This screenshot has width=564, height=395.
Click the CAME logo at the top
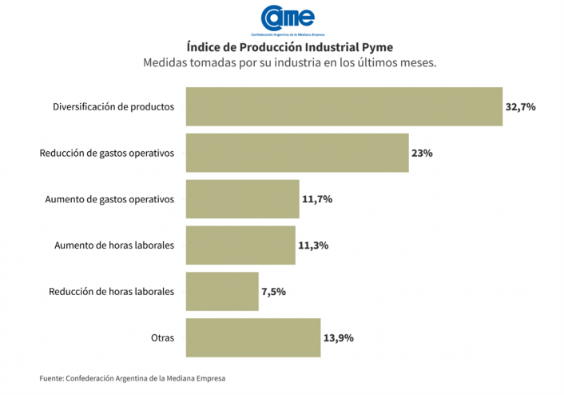[283, 19]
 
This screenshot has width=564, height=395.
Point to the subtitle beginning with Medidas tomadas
[289, 62]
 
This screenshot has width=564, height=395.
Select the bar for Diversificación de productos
[344, 106]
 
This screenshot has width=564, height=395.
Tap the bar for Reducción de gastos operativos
[297, 153]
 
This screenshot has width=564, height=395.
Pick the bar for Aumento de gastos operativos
[242, 199]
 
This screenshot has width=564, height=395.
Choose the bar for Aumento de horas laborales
[240, 245]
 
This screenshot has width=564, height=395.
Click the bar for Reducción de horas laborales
[222, 292]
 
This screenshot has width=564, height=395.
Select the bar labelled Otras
[253, 338]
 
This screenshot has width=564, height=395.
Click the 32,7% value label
[520, 106]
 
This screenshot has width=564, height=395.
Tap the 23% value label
[423, 153]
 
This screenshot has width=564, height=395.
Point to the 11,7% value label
[316, 199]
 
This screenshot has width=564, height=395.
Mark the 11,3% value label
[314, 245]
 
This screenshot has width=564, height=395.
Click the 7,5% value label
[273, 292]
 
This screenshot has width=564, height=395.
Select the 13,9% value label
[338, 338]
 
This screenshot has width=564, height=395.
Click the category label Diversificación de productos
[113, 106]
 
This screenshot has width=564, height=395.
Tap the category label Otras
[162, 338]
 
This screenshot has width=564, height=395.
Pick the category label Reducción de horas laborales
[111, 292]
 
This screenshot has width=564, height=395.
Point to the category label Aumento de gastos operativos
[109, 199]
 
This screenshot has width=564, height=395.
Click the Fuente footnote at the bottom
[138, 378]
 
